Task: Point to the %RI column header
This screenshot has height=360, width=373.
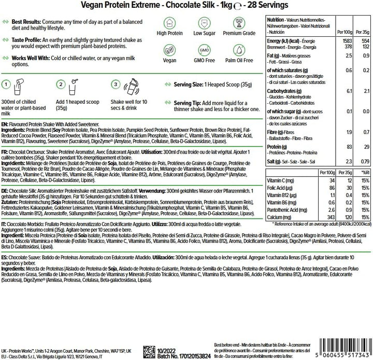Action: (363, 172)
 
